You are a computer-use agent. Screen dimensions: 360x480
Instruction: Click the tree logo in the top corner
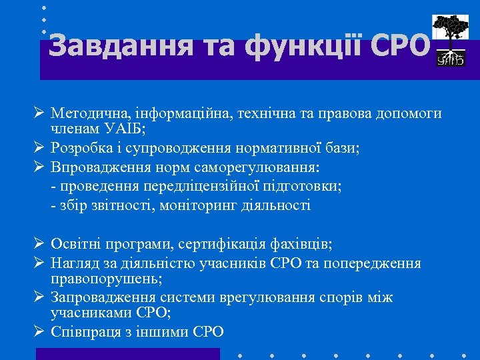(450, 40)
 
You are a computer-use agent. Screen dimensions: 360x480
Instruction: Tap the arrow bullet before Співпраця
(40, 331)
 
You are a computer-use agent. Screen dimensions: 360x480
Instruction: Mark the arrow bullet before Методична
(40, 113)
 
